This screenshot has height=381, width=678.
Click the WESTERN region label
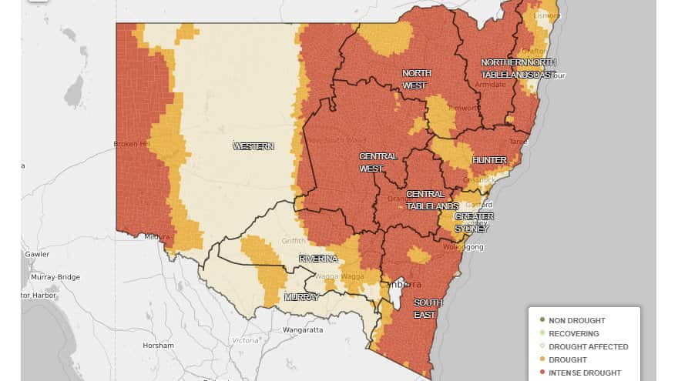253,146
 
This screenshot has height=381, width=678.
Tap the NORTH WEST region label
416,79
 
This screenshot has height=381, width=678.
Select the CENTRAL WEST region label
378,162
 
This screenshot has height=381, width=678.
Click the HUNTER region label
489,160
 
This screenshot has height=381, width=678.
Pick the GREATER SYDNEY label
473,222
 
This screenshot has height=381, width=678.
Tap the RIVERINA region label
318,259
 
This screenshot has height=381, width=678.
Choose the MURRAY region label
301,296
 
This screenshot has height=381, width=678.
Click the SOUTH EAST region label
428,308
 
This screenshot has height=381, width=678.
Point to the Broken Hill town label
130,144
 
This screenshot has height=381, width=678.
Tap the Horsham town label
158,346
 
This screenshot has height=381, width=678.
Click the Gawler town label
36,254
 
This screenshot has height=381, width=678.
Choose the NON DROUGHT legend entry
576,320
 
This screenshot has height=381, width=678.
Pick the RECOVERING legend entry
573,333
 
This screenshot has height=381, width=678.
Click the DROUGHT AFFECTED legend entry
588,346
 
